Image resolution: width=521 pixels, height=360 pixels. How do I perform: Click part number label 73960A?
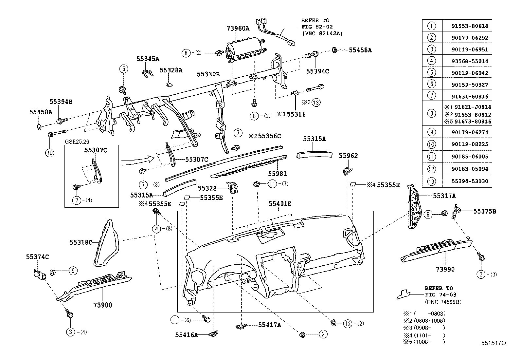point(238,28)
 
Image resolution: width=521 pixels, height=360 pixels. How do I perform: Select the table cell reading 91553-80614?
point(467,26)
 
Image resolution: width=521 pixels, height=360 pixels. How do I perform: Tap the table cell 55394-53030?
point(467,181)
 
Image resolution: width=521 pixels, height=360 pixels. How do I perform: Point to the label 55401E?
point(280,204)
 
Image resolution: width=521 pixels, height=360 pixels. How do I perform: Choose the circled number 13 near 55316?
point(315,102)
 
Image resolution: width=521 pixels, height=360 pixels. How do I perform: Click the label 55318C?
point(81,242)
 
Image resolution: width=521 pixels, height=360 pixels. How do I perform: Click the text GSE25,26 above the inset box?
point(77,142)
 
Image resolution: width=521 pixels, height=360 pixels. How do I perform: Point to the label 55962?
point(348,156)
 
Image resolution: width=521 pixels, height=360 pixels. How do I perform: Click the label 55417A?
point(270,325)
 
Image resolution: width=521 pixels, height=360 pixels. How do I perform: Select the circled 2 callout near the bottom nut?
point(323,334)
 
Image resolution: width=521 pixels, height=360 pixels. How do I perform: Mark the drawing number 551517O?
point(494,343)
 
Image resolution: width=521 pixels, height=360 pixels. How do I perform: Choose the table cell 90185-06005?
point(467,157)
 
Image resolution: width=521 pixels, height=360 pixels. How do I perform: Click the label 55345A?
point(148,59)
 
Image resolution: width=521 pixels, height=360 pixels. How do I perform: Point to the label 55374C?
point(38,257)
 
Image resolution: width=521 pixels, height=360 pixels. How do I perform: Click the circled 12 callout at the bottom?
point(348,324)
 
